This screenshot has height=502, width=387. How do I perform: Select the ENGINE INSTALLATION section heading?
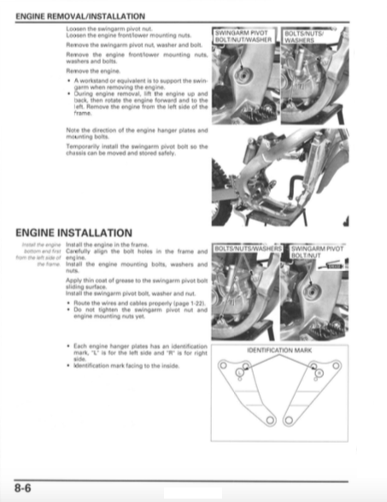click(73, 233)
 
